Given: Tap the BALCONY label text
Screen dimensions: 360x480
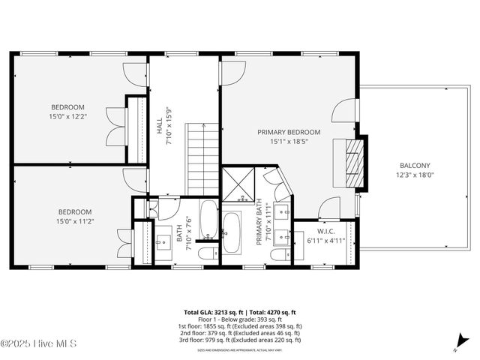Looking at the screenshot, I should tap(414, 166).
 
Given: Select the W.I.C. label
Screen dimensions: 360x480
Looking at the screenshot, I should tap(325, 231).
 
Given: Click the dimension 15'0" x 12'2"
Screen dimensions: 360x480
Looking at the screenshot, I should tap(67, 116).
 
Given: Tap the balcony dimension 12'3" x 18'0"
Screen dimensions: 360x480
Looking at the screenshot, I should tap(414, 175).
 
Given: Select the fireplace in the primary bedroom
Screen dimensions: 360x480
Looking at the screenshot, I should tap(352, 156).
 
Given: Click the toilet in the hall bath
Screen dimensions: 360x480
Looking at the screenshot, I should tap(206, 254).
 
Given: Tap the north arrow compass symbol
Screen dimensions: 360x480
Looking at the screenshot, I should tap(457, 346).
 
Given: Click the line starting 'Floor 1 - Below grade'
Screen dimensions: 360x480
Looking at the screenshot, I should tap(240, 319).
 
